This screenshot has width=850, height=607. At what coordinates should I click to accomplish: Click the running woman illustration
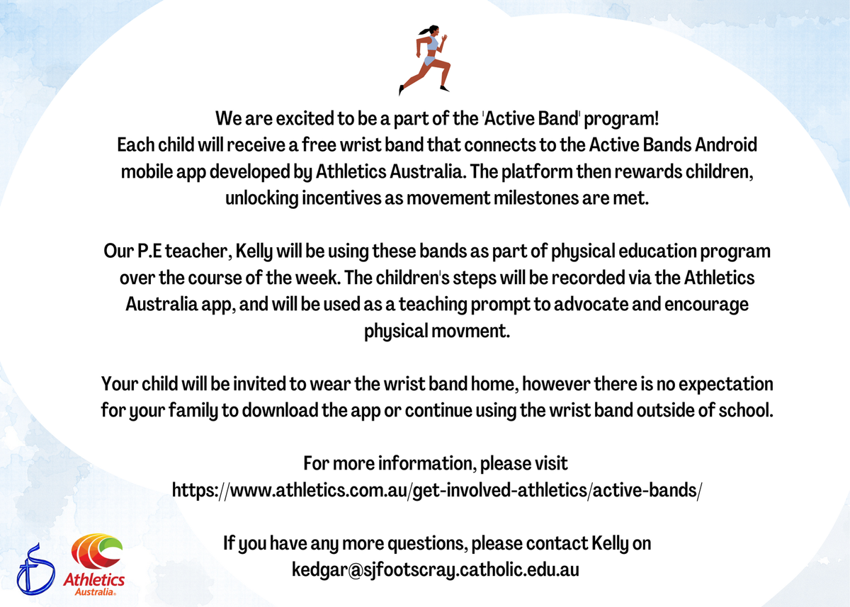click(424, 60)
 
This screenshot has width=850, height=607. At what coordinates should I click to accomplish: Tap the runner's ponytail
click(424, 31)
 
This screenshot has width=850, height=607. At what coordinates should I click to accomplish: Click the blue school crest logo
click(35, 569)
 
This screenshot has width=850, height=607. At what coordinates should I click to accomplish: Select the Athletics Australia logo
click(95, 565)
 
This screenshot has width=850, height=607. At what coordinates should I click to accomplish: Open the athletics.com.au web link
click(437, 490)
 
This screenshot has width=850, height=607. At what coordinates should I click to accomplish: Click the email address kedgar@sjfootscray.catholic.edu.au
click(435, 570)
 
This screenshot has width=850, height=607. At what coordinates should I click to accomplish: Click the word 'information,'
click(427, 464)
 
